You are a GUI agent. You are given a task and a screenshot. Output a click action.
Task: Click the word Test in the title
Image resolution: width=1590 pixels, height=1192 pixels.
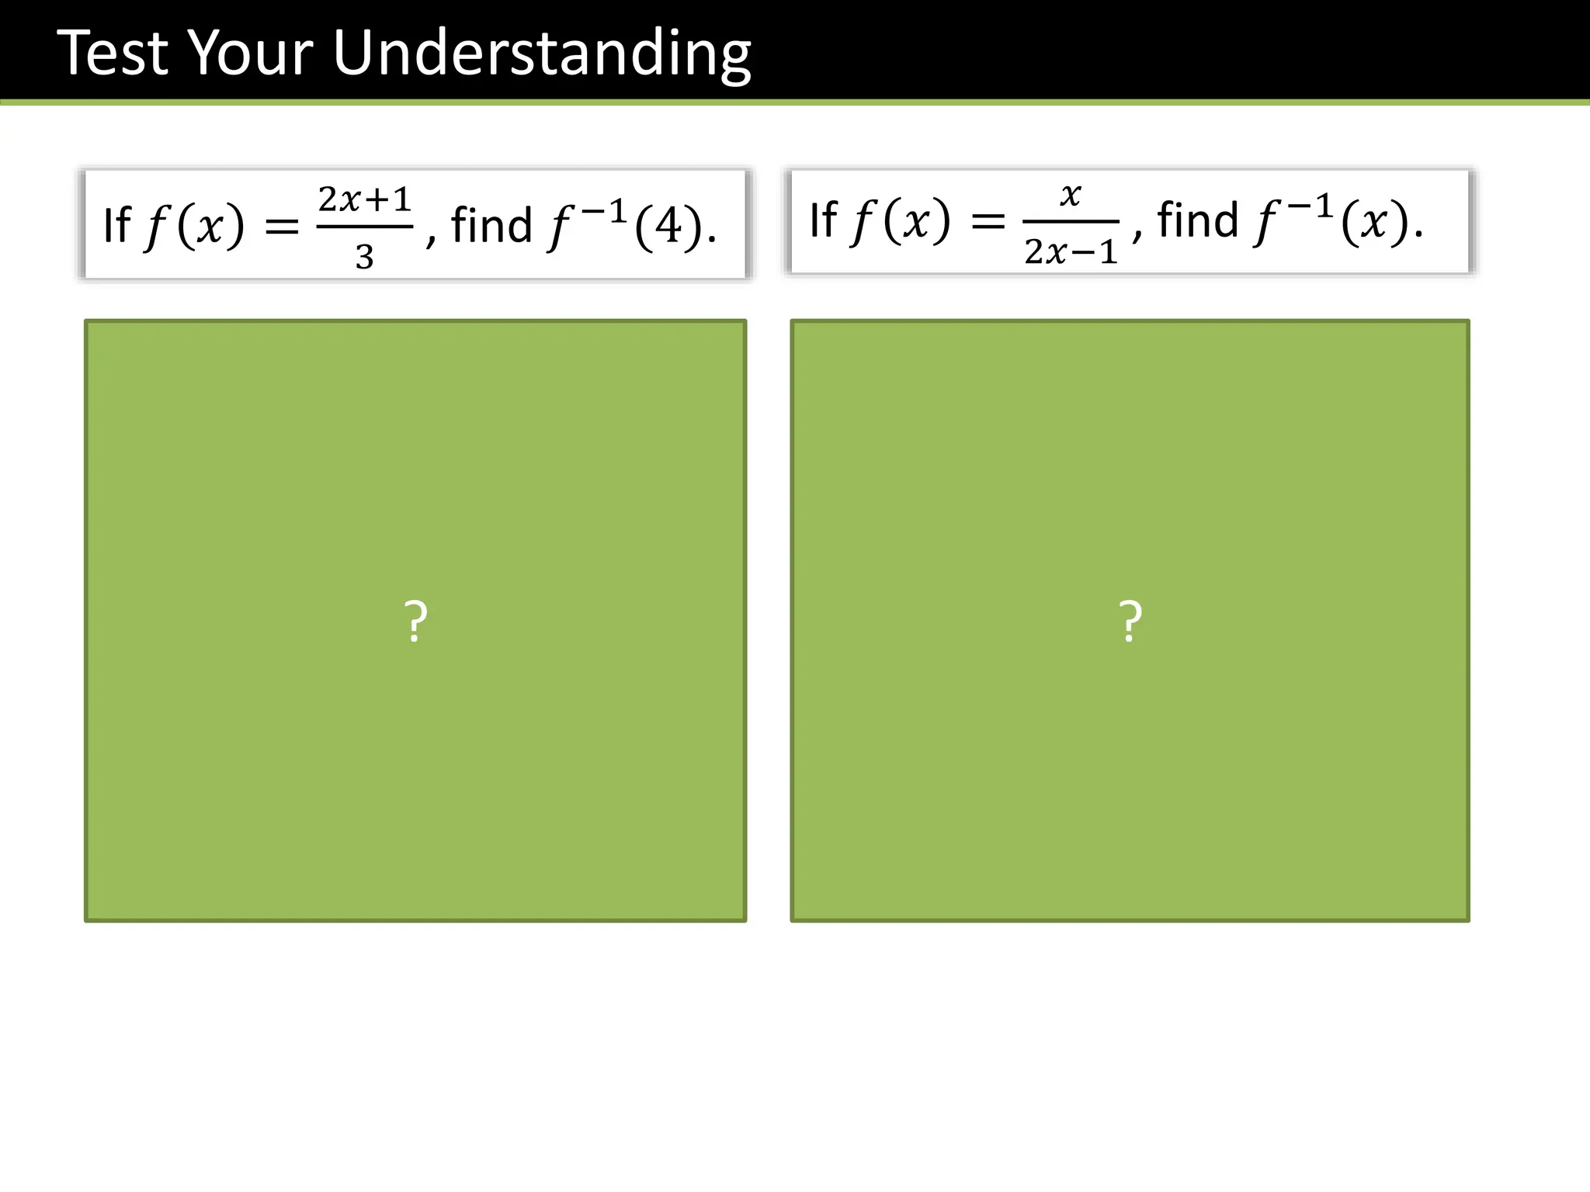coord(113,53)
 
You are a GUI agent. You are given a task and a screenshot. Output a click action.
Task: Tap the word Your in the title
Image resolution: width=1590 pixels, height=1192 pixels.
coord(251,53)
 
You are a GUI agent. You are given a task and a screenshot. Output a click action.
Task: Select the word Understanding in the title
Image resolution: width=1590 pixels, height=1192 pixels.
coord(541,54)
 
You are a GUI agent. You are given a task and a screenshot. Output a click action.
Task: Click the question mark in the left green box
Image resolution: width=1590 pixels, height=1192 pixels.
coord(415,622)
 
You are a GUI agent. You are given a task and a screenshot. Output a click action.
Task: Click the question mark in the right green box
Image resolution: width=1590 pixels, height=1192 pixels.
coord(1130,622)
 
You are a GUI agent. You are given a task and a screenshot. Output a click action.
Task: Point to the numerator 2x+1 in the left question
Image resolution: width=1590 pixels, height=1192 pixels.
coord(364,200)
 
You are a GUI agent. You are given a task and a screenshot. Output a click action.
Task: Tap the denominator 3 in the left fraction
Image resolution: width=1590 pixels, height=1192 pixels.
coord(364,257)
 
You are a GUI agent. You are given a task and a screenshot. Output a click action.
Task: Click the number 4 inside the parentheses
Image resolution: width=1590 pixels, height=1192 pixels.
coord(669,227)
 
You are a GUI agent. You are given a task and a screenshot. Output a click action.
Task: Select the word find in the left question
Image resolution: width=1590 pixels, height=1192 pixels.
coord(491,225)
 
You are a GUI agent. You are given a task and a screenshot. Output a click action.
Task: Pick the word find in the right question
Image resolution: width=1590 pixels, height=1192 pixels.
coord(1197,220)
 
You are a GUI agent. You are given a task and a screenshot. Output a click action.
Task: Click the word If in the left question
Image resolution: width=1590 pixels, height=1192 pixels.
coord(116,225)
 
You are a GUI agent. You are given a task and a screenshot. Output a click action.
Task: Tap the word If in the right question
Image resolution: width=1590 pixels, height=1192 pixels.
coord(823,220)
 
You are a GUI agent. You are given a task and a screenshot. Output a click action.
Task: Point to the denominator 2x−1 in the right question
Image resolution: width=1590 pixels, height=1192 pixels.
coord(1071,251)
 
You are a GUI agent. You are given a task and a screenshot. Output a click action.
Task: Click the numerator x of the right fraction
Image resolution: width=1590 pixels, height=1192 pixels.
coord(1071,195)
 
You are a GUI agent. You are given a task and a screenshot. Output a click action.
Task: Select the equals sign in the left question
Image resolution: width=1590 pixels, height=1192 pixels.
coord(282,227)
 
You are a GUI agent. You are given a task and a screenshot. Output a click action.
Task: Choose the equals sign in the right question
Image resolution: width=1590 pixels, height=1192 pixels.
coord(988,221)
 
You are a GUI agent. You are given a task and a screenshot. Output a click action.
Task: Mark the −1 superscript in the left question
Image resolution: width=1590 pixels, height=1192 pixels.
coord(606,210)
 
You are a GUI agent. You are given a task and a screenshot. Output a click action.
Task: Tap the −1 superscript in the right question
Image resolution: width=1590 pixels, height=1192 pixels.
coord(1312,206)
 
